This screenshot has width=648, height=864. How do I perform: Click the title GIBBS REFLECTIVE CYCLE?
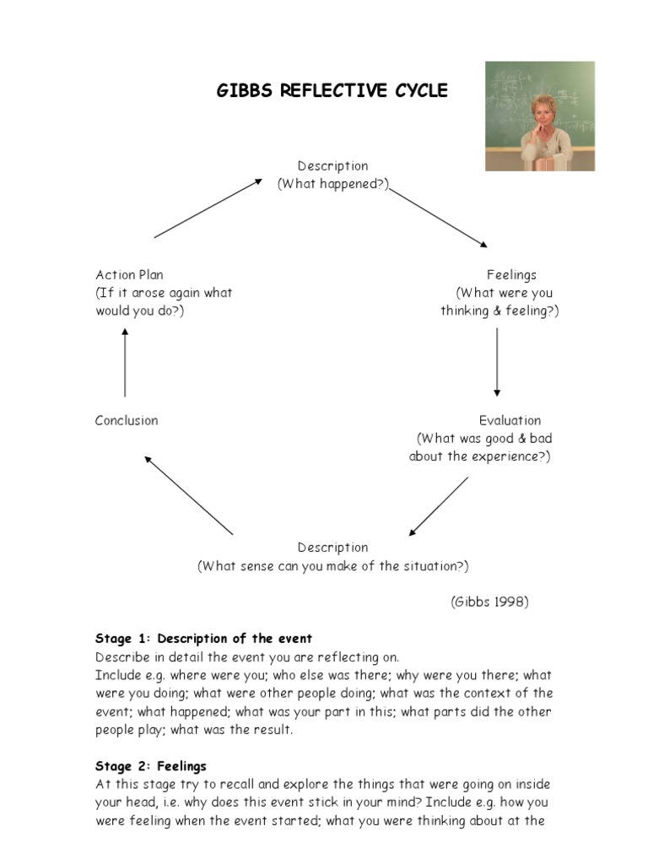332,91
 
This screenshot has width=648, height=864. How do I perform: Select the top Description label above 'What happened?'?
332,166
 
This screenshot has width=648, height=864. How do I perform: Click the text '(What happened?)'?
333,185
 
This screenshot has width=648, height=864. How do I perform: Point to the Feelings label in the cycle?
511,275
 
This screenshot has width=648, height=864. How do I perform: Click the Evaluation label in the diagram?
510,420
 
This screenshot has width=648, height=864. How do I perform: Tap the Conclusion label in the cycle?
127,420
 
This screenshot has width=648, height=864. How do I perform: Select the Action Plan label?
130,275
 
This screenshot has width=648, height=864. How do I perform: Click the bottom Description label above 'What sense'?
332,548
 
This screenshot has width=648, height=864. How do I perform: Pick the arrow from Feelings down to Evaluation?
497,362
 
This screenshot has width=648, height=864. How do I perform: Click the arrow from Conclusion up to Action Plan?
125,363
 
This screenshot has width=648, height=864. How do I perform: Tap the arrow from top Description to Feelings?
438,218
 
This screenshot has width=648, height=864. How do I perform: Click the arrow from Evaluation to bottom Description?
439,506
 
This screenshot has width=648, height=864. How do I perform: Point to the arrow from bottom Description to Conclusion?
189,495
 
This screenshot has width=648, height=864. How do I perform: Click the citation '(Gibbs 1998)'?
489,602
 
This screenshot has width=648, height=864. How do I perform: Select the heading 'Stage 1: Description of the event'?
204,639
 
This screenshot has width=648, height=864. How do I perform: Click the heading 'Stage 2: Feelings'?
151,766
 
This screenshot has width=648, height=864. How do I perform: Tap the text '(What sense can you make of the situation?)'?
333,566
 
